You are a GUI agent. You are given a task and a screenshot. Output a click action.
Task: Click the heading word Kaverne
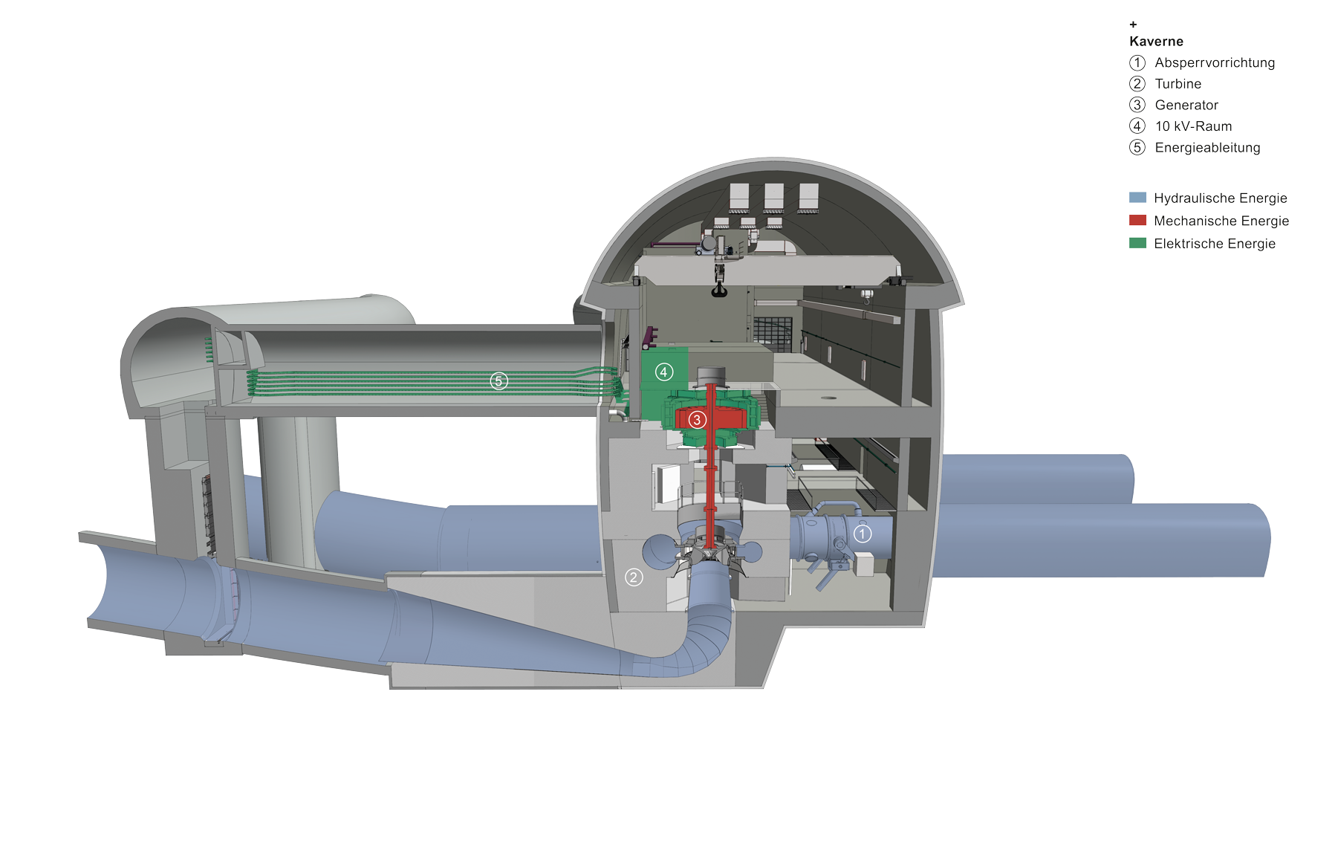point(1156,42)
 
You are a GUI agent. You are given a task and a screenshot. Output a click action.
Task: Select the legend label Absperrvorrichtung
point(1215,63)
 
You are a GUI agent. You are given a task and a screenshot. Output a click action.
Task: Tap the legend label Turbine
point(1178,84)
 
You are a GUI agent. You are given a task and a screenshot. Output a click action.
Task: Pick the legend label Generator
point(1186,106)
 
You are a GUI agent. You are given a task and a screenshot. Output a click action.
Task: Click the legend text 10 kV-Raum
point(1193,126)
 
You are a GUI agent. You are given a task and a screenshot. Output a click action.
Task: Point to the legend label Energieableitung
point(1207,148)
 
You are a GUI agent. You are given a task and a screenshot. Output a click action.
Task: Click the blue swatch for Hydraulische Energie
point(1137,198)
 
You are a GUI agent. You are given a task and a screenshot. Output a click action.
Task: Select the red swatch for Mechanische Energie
point(1137,220)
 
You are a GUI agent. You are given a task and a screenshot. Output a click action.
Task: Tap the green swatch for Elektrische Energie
point(1137,243)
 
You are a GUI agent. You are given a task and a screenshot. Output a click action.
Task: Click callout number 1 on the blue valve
point(862,534)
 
